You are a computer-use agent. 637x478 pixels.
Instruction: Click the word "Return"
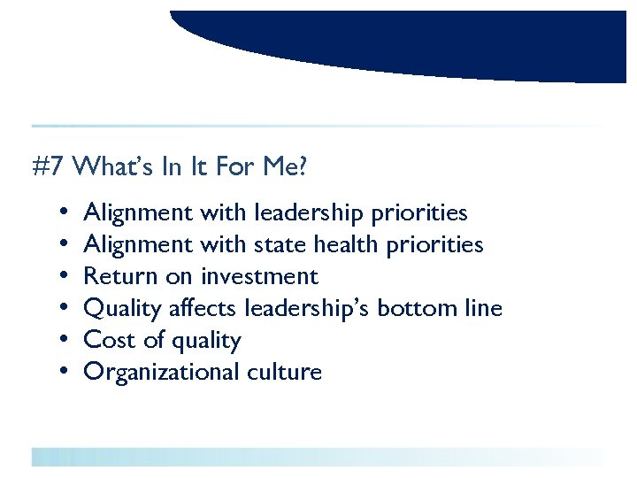coord(120,276)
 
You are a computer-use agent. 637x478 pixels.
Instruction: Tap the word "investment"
coord(259,276)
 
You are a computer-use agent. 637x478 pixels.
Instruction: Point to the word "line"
coord(483,308)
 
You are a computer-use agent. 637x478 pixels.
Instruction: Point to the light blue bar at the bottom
coord(318,457)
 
